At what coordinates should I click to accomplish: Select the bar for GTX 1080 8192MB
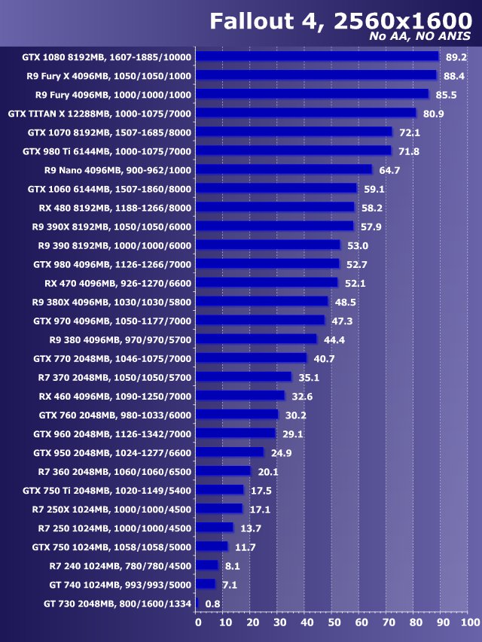pos(317,56)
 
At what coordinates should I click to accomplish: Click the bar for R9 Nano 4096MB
pos(284,170)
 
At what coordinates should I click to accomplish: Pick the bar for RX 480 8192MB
pos(275,207)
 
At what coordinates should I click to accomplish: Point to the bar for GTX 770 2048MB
pos(251,358)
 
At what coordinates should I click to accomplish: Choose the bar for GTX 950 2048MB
pos(230,452)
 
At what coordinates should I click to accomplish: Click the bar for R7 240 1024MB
pos(207,565)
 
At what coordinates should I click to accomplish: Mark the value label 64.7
pos(389,170)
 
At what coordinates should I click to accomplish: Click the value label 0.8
pos(212,603)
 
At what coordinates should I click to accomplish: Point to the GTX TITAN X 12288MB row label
pos(99,114)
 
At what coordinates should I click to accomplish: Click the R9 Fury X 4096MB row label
pos(107,76)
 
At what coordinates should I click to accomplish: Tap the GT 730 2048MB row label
pos(117,603)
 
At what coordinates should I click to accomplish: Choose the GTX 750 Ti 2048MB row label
pos(107,490)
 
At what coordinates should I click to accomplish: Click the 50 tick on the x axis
pos(334,622)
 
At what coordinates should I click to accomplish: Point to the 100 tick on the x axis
pos(468,622)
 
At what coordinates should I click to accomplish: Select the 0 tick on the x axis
pos(198,622)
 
